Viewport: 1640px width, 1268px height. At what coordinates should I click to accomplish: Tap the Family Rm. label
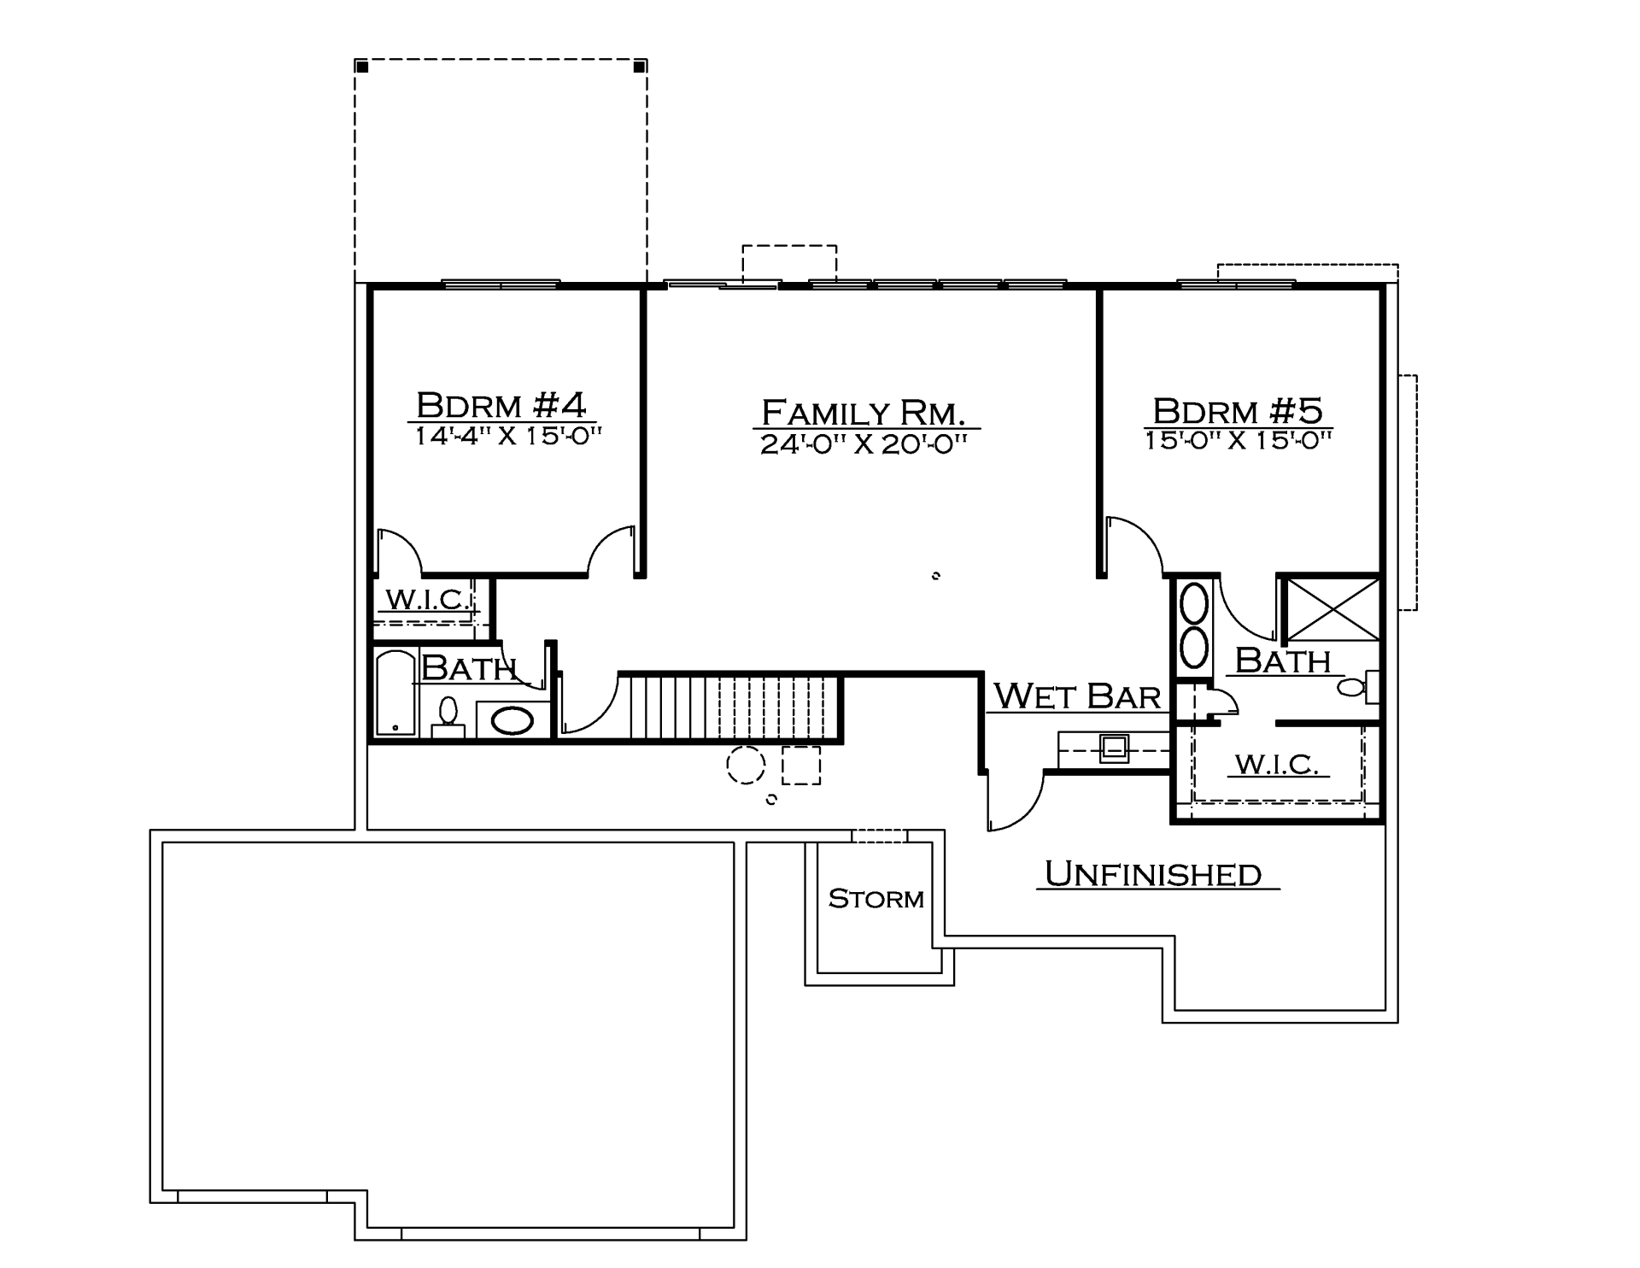(x=864, y=413)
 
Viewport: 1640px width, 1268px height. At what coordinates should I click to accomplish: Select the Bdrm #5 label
(x=1238, y=410)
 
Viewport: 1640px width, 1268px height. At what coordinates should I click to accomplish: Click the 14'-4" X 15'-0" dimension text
(x=509, y=436)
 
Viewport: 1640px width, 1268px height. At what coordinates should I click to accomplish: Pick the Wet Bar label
(x=1078, y=696)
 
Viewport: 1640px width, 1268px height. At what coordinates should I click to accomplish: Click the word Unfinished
(x=1153, y=873)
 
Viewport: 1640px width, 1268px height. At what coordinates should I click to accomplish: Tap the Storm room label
(x=876, y=899)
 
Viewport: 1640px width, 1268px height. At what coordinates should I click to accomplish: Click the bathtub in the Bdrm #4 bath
(x=395, y=693)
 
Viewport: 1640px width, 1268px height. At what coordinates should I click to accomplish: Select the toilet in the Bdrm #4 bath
(x=448, y=716)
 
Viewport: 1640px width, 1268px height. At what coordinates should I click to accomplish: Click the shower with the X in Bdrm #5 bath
(x=1332, y=609)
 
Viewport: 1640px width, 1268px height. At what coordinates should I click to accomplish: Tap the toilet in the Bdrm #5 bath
(x=1358, y=687)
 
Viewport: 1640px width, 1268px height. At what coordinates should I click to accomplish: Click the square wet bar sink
(x=1115, y=749)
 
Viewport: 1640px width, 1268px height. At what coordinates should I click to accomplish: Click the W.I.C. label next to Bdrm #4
(x=429, y=599)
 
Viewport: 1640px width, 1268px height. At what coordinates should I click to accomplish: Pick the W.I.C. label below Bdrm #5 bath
(x=1279, y=764)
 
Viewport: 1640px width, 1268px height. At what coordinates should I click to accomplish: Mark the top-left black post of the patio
(x=362, y=67)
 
